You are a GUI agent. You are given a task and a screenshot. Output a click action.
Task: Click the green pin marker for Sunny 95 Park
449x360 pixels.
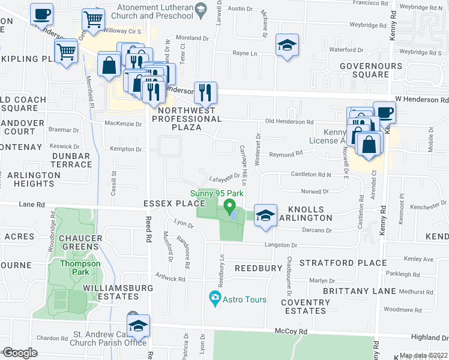point(229,208)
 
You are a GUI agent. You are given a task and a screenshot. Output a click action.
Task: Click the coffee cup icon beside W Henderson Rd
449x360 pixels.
point(384,112)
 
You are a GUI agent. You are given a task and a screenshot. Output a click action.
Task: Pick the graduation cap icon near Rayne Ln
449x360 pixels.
point(287,45)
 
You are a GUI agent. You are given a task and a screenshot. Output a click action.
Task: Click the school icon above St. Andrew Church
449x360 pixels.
point(138,325)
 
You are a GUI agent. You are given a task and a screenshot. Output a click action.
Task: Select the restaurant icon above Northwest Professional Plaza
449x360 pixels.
point(205,92)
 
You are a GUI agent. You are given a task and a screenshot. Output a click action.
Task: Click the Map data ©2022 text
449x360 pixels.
point(423,355)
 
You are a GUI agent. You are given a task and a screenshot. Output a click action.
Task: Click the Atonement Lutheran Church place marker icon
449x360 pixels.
point(202,8)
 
